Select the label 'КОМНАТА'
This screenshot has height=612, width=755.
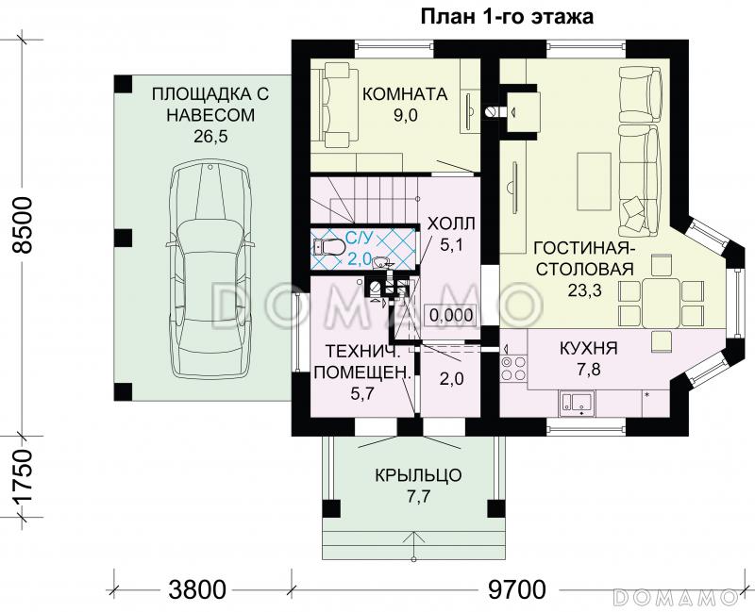(x=404, y=94)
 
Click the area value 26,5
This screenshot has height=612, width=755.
(x=211, y=136)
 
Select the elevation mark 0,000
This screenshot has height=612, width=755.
(x=451, y=315)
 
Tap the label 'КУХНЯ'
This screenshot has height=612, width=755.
(x=588, y=348)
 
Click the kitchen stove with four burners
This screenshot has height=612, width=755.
(x=513, y=368)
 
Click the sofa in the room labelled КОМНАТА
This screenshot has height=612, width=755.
(x=335, y=104)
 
